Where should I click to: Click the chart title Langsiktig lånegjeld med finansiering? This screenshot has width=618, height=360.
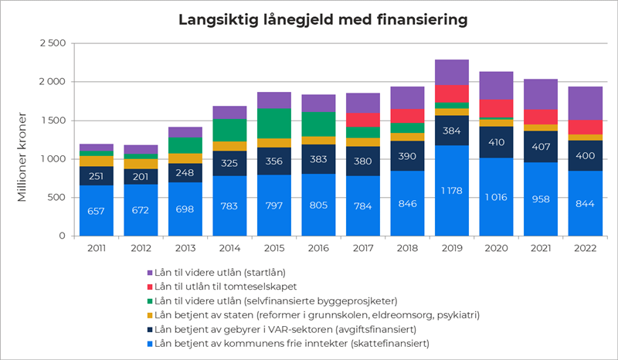click(x=324, y=18)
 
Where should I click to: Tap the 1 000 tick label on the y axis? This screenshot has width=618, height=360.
click(x=52, y=159)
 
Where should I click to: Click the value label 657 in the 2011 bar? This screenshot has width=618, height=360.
click(x=96, y=211)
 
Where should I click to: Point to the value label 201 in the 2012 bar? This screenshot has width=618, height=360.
click(x=141, y=175)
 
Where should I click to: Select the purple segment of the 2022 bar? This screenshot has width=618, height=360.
click(x=585, y=103)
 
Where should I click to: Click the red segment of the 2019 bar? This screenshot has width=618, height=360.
click(x=452, y=93)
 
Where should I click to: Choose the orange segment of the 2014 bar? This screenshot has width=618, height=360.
click(x=229, y=146)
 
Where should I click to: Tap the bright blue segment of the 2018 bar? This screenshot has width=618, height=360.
click(x=407, y=203)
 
